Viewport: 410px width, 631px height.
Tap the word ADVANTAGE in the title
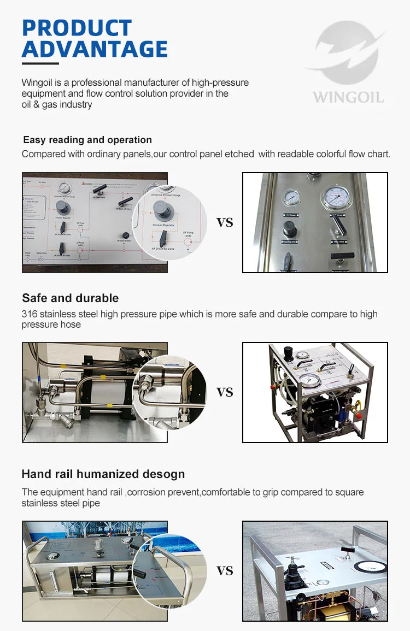95,49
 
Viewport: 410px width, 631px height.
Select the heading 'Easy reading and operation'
87,140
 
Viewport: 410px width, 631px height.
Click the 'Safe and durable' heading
70,298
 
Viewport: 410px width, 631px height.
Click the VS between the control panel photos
225,222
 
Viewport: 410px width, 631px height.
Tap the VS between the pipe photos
225,392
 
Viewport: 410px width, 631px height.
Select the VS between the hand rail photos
225,571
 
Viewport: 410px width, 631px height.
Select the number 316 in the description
29,314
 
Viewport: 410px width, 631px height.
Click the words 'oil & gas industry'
57,104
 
